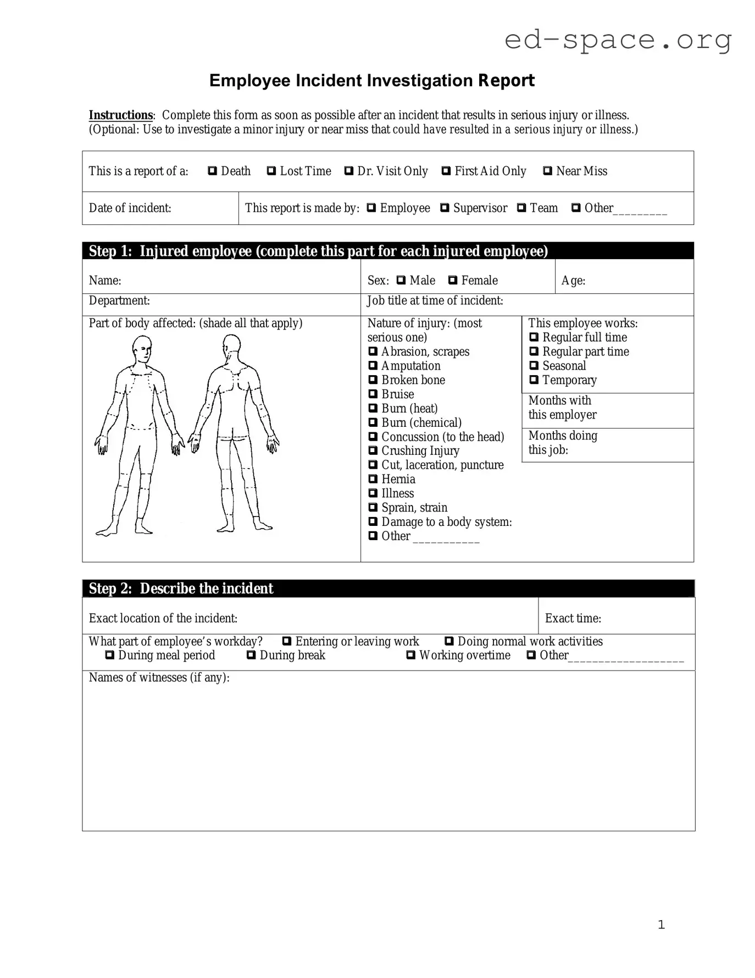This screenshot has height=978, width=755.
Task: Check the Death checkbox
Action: click(212, 171)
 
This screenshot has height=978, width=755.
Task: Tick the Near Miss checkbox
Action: click(547, 171)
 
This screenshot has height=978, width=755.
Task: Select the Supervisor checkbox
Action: click(445, 208)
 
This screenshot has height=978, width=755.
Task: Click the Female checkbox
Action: click(453, 281)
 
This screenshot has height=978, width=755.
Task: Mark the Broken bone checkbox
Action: click(373, 380)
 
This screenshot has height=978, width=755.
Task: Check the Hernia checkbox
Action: click(373, 479)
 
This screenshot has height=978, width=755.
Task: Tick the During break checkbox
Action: click(251, 655)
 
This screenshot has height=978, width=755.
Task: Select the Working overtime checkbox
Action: click(411, 655)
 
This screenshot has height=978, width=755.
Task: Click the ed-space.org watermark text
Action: click(618, 40)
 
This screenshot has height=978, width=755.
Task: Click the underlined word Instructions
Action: click(121, 115)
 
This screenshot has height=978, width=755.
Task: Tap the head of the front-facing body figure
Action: click(142, 349)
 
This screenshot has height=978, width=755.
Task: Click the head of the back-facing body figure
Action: click(231, 346)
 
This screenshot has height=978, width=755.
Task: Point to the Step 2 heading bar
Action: click(388, 589)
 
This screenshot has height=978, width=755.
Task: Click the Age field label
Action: click(573, 281)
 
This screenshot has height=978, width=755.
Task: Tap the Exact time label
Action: click(573, 618)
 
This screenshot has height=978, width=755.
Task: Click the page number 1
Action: click(661, 925)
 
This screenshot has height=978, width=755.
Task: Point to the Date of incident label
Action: click(130, 208)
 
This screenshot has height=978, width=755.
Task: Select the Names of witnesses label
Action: click(159, 678)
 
